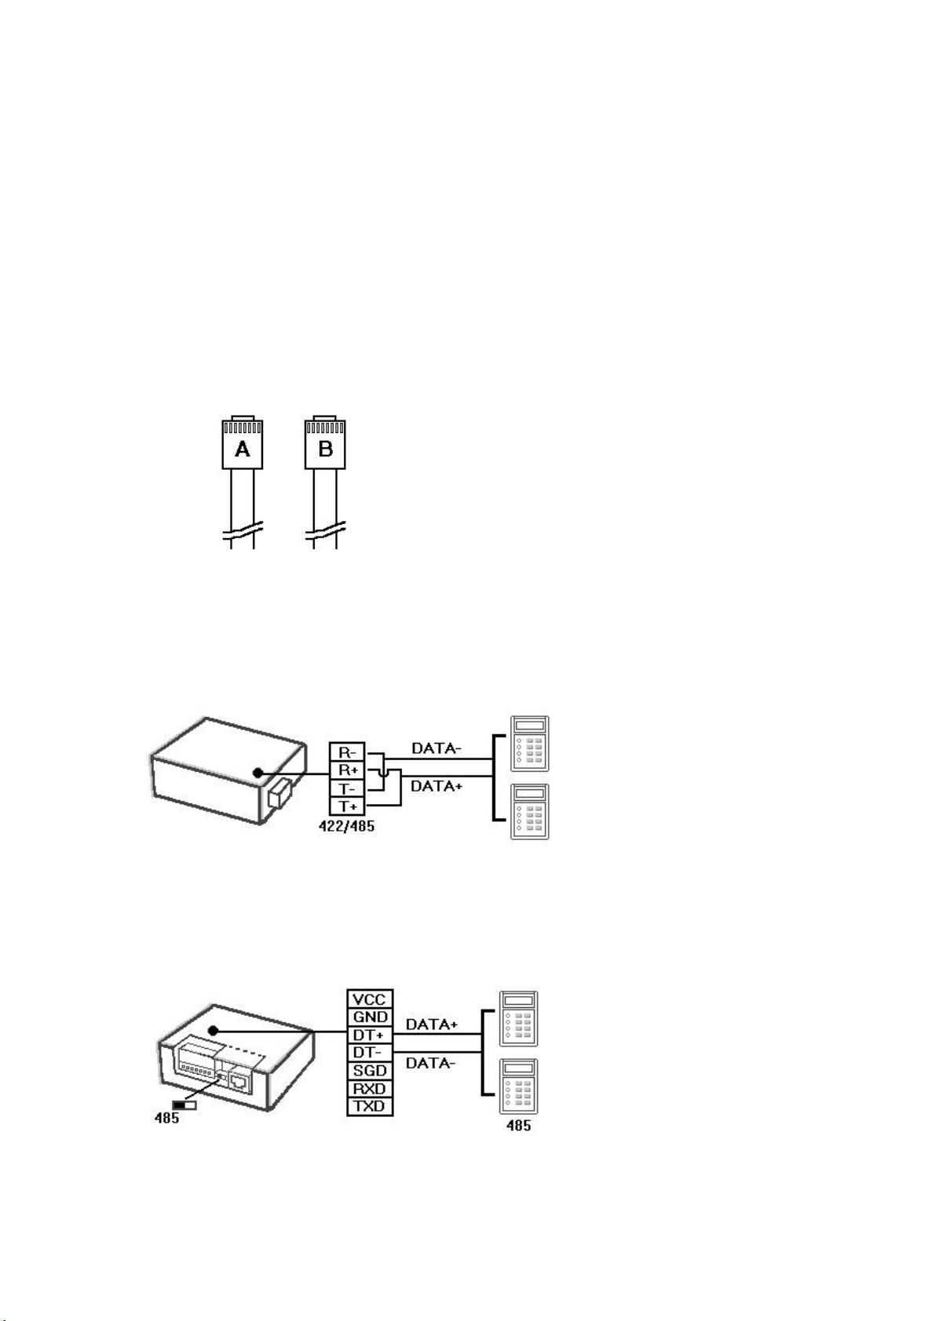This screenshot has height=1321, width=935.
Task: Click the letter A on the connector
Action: (x=242, y=449)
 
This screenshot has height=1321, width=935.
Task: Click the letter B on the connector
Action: (x=325, y=449)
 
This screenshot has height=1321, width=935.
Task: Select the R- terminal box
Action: (x=347, y=752)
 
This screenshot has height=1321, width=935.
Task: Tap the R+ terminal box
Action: (x=347, y=770)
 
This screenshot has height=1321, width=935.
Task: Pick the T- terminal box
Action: (x=347, y=788)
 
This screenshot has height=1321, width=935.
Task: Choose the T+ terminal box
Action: (x=347, y=806)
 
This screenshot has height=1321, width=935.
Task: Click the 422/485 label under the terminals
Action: (x=346, y=825)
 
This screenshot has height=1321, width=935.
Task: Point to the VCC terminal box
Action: (x=370, y=999)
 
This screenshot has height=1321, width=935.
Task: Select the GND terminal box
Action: (x=370, y=1017)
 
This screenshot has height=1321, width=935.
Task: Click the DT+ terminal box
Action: (x=370, y=1035)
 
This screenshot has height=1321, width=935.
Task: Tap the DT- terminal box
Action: (x=370, y=1053)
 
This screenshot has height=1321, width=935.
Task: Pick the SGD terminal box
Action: (x=370, y=1071)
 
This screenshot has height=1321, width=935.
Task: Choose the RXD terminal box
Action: (x=370, y=1089)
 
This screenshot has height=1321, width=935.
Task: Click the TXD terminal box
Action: (x=370, y=1107)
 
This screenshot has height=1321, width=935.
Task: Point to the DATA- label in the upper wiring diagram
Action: (x=436, y=748)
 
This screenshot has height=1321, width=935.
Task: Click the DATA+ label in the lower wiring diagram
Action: (x=432, y=1024)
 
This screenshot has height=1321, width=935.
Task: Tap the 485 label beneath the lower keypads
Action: (x=518, y=1126)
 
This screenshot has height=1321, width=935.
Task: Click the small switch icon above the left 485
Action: (x=184, y=1104)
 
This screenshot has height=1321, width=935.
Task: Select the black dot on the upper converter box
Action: (x=257, y=773)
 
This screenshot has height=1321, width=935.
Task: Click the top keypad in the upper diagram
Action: (x=529, y=744)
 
